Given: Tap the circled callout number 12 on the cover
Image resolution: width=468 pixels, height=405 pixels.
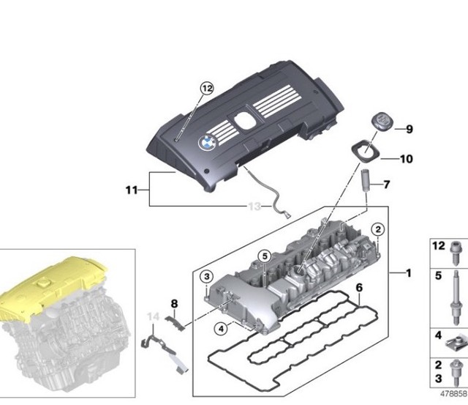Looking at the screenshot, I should coord(207,89).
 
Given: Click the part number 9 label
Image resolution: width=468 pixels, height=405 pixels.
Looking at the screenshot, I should coord(409,130).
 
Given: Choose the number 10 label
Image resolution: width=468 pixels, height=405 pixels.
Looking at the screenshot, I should coord(407,158).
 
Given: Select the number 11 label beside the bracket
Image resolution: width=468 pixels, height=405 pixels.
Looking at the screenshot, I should coord(131,190).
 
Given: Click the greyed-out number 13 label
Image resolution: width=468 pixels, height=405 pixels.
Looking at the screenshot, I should coord(254,207).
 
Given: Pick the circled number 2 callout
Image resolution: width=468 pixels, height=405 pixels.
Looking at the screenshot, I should coord(377,231).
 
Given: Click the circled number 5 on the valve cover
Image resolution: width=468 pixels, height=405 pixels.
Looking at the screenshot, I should coord(264,256).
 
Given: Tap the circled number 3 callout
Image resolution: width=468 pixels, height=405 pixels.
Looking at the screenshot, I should coord(207,276).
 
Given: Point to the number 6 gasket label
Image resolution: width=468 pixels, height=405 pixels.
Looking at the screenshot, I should coord(359,289).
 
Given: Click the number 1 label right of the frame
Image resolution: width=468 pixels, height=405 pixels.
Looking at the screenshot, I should coord(409,273).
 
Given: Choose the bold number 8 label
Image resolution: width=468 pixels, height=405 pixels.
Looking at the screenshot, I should coord(174,302).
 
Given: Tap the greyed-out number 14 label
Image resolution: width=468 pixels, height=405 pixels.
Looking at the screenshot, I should coord(153,317).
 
